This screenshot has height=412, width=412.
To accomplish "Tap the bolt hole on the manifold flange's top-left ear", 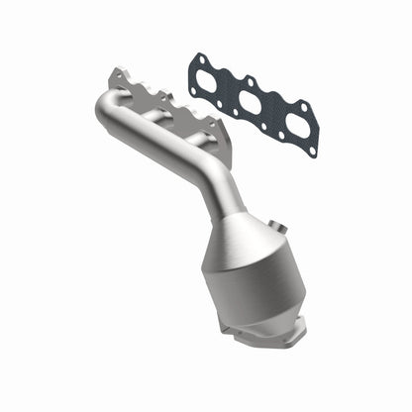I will (x=119, y=74).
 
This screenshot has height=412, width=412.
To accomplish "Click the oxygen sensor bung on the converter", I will (x=268, y=257).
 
